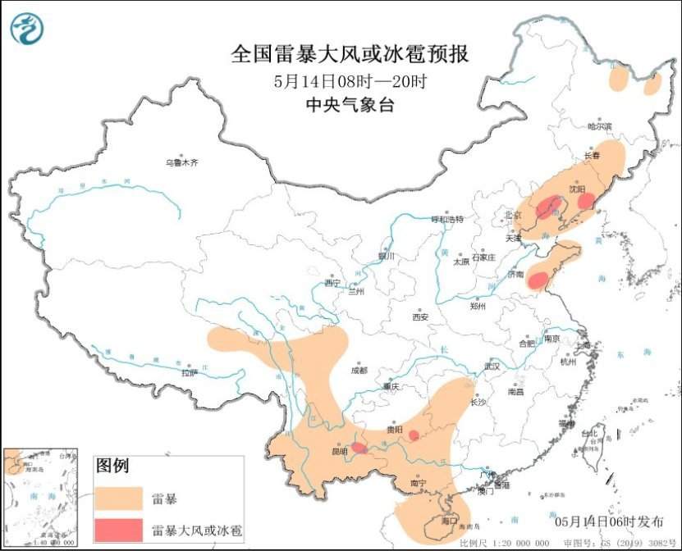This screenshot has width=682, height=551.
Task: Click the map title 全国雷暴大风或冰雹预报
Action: pos(350,54)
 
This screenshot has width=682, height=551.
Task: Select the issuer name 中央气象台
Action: pos(350,104)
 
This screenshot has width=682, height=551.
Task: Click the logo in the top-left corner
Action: pos(26,29)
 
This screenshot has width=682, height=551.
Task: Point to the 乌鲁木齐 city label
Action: pos(181,162)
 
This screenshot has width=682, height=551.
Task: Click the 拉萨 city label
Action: pos(190,372)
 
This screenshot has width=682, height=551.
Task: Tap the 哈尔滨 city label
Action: pos(600,126)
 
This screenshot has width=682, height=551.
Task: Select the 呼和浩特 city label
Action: pos(447,220)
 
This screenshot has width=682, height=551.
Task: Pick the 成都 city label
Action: pos(359,371)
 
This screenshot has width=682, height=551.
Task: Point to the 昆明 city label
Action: pos(338,451)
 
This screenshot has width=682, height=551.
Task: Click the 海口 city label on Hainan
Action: pos(448,521)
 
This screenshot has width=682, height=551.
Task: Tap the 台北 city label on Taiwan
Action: pos(589,433)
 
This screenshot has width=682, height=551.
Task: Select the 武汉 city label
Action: pos(492,366)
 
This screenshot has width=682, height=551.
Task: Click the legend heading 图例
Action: pos(112,467)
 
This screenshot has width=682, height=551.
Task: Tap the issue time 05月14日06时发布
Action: pos(606,521)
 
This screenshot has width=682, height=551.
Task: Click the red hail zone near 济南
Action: pos(538,280)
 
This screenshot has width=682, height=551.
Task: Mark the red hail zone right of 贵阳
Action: pos(414,435)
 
